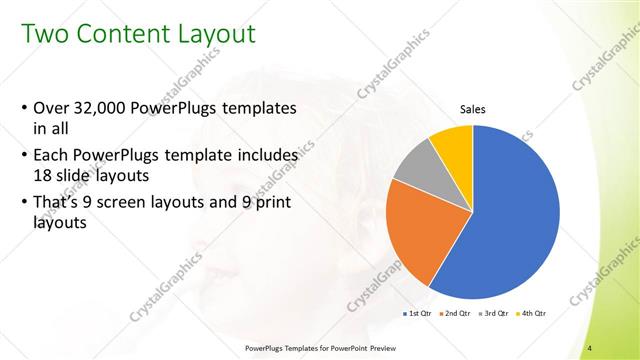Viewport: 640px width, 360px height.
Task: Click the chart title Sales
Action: pyautogui.click(x=473, y=109)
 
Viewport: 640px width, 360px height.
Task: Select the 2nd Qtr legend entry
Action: pyautogui.click(x=457, y=314)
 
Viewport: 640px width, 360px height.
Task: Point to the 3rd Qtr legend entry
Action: pyautogui.click(x=494, y=314)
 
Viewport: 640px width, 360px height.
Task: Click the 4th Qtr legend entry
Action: pyautogui.click(x=531, y=314)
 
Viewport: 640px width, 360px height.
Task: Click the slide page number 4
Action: pyautogui.click(x=591, y=347)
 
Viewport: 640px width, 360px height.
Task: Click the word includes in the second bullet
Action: pyautogui.click(x=268, y=156)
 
